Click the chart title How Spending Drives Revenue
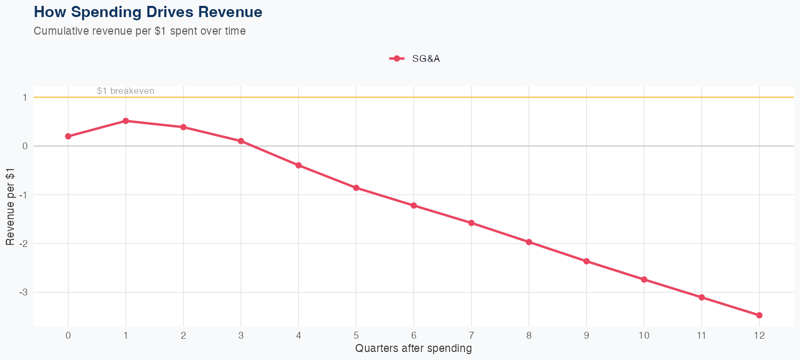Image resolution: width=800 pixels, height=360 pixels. (x=148, y=12)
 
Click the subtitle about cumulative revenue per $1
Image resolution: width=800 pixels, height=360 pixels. (x=140, y=31)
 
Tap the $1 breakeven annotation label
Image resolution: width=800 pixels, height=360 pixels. (x=125, y=91)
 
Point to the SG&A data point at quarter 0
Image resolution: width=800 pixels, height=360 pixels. (x=68, y=137)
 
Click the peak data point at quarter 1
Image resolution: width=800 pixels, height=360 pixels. (x=126, y=121)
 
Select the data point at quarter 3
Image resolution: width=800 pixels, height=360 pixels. (x=241, y=141)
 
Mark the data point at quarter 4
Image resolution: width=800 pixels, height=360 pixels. (x=299, y=165)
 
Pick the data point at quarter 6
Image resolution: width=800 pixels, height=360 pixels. (x=414, y=205)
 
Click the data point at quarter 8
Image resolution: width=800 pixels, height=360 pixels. (x=529, y=242)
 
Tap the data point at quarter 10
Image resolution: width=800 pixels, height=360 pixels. (x=644, y=279)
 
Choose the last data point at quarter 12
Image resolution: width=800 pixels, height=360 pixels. (x=759, y=315)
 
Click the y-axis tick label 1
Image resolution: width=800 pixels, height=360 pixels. (x=25, y=98)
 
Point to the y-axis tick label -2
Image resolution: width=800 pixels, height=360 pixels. (x=23, y=244)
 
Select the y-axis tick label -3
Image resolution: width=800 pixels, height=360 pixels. (x=23, y=293)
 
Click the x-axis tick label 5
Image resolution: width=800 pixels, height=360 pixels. (x=356, y=335)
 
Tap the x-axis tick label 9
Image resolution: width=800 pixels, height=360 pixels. (x=587, y=335)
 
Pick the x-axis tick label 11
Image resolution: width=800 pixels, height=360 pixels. (x=702, y=335)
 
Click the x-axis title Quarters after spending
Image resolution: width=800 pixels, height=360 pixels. (x=413, y=349)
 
